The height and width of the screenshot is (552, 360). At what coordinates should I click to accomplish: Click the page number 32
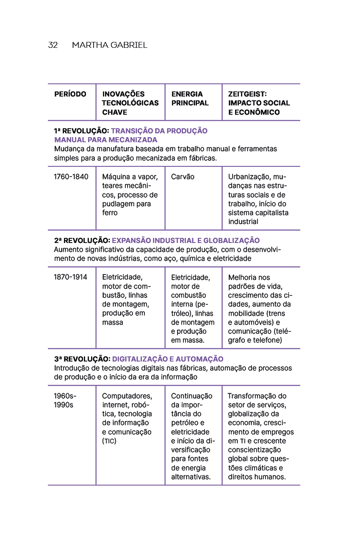coord(53,45)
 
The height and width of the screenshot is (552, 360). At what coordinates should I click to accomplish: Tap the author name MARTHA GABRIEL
coord(110,45)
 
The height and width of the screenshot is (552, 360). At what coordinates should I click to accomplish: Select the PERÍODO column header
coord(70,94)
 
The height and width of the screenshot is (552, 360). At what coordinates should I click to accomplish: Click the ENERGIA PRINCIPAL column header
coord(190,98)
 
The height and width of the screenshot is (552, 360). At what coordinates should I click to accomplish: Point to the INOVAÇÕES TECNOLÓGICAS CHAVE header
coord(130,103)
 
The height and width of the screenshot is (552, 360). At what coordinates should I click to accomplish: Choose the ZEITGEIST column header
coord(259,103)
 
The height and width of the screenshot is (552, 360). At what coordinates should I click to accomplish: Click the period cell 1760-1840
coord(71,177)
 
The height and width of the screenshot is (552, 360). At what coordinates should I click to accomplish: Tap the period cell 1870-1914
coord(70,277)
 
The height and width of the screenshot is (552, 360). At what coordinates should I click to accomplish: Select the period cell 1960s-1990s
coord(65,400)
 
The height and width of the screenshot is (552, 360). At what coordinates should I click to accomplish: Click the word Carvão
coord(183,177)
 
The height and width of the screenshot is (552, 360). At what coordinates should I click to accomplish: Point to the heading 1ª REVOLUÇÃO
coord(82,131)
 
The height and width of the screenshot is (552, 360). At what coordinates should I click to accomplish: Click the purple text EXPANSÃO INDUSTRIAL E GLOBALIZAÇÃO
coord(186,240)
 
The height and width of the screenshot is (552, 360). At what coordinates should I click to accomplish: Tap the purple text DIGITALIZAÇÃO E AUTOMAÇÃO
coord(168,359)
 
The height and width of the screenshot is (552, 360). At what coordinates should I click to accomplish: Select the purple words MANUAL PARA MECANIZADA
coord(105,140)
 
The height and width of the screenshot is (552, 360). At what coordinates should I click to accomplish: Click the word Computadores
coord(127,396)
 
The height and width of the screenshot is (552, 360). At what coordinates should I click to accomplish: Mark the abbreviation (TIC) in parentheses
coord(109,441)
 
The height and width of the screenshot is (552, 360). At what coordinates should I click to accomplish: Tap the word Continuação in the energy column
coord(192,396)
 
